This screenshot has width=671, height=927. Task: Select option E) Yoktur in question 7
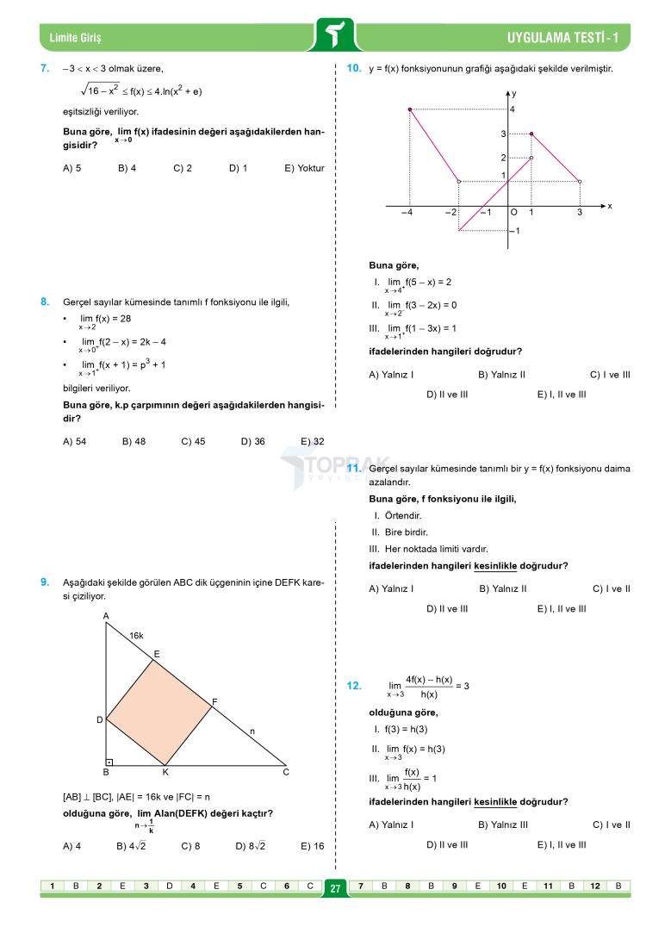point(303,168)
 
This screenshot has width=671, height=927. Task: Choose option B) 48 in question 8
point(134,441)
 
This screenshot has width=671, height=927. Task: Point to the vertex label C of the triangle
point(286,773)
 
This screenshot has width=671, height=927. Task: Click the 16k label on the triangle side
point(136,636)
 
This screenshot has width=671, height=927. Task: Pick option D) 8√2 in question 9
point(250,846)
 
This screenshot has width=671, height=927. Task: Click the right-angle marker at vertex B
point(110,762)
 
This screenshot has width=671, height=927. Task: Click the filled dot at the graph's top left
point(409,109)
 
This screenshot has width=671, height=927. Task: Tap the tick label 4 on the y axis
point(512,109)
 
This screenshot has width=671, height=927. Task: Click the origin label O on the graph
point(514,213)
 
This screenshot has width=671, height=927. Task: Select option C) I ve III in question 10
point(610,375)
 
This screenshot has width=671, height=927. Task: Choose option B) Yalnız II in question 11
point(502,589)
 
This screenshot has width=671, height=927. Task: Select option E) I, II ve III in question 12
point(562,844)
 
